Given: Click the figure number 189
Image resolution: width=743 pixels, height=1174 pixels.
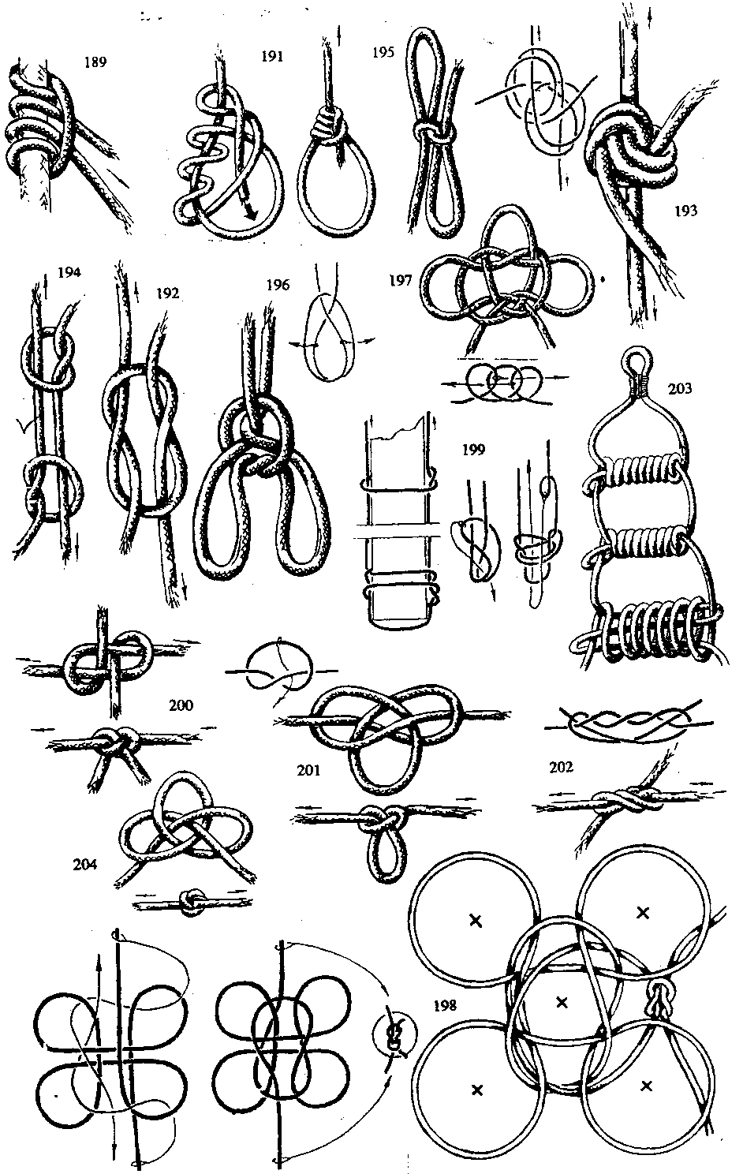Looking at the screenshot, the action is tap(95, 62).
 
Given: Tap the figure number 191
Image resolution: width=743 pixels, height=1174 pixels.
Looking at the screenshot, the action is tap(272, 56).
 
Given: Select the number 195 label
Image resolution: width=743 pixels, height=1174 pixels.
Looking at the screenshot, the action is tap(383, 52).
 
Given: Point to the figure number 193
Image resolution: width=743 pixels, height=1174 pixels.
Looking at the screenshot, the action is tap(686, 211).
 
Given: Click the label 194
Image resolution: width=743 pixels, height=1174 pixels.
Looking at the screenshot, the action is tap(69, 272).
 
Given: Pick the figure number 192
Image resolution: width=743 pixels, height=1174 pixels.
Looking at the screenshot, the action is tap(168, 293).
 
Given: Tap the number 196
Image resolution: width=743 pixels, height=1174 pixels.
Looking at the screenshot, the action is tap(278, 285).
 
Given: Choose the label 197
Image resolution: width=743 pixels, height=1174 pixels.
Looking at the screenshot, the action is tap(401, 281).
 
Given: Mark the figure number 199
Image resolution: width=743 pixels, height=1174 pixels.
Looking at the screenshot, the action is tap(474, 450).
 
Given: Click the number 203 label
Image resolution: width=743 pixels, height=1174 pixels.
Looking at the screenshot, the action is tap(680, 388).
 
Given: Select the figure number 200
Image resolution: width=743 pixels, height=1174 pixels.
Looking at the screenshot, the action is tap(181, 705).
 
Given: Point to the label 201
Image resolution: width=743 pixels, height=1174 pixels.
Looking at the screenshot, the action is tap(308, 770).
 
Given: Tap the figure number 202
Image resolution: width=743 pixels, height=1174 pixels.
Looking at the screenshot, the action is tap(561, 767).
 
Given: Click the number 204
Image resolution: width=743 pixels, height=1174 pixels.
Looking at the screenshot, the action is tap(85, 863).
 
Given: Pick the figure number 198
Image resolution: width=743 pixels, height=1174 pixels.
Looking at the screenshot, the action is tap(446, 1005).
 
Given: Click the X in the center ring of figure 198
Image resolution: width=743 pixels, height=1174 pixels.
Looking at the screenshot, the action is tap(562, 1003).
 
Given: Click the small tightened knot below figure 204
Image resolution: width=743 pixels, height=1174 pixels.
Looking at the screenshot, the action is tap(191, 903).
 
